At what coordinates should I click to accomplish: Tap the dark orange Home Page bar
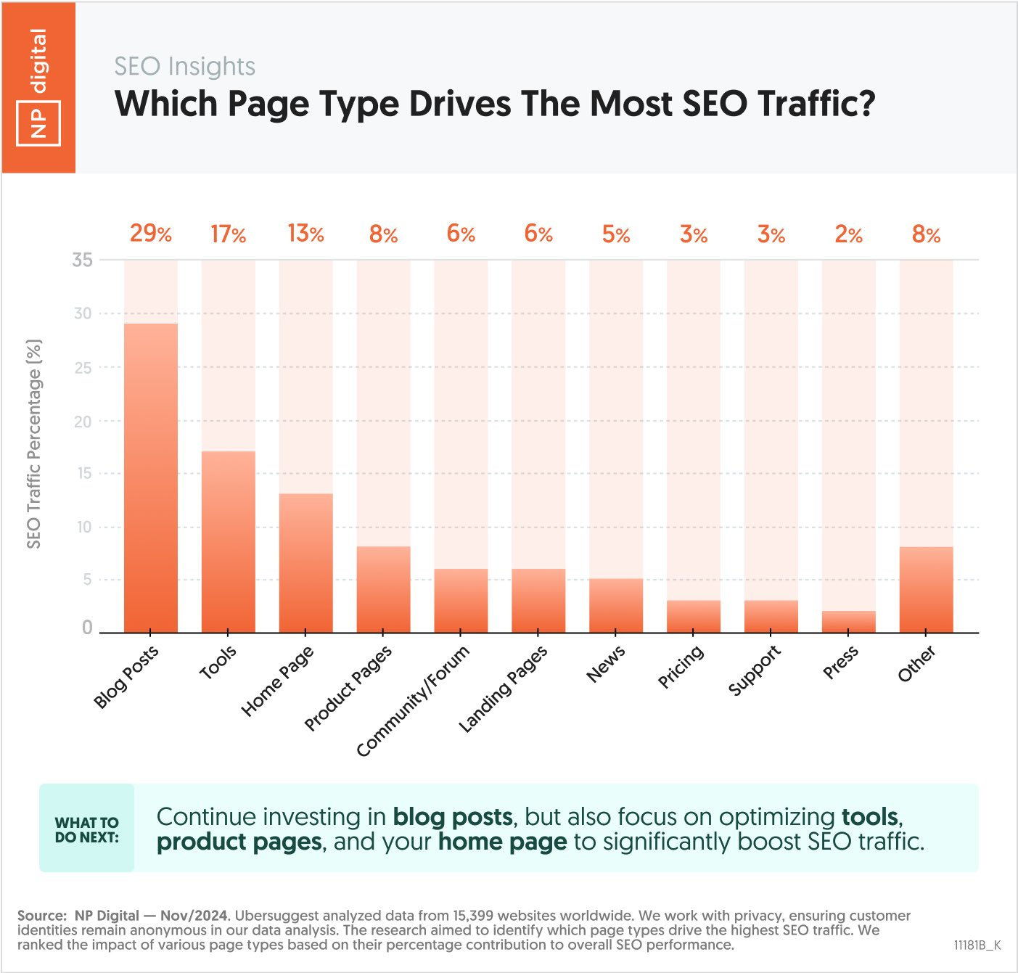click(x=306, y=563)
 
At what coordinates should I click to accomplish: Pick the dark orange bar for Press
click(x=849, y=622)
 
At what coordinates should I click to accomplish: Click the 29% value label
click(x=151, y=234)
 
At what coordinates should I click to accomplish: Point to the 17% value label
click(x=229, y=234)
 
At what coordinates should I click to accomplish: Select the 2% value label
click(x=849, y=234)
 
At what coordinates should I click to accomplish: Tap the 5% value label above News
click(x=616, y=234)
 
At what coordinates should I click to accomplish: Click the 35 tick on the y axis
click(x=83, y=260)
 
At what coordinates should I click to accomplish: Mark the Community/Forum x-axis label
click(x=414, y=701)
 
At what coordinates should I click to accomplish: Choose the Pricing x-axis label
click(x=681, y=667)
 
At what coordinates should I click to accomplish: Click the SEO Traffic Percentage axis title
click(x=34, y=444)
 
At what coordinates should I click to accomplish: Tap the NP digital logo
click(x=38, y=87)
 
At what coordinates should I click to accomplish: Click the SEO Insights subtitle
click(x=185, y=66)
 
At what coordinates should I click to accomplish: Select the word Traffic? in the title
click(x=817, y=104)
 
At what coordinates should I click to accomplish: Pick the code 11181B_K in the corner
click(x=977, y=945)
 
